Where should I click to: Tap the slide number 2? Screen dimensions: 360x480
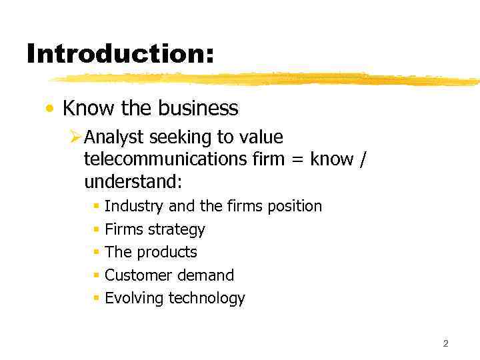445,343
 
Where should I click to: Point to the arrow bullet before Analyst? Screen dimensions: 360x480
75,138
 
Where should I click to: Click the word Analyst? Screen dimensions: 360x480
115,137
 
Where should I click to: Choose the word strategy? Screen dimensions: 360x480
177,230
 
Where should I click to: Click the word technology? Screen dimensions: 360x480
207,299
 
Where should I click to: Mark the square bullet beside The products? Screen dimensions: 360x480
97,253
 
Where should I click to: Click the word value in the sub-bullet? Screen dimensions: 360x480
260,137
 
